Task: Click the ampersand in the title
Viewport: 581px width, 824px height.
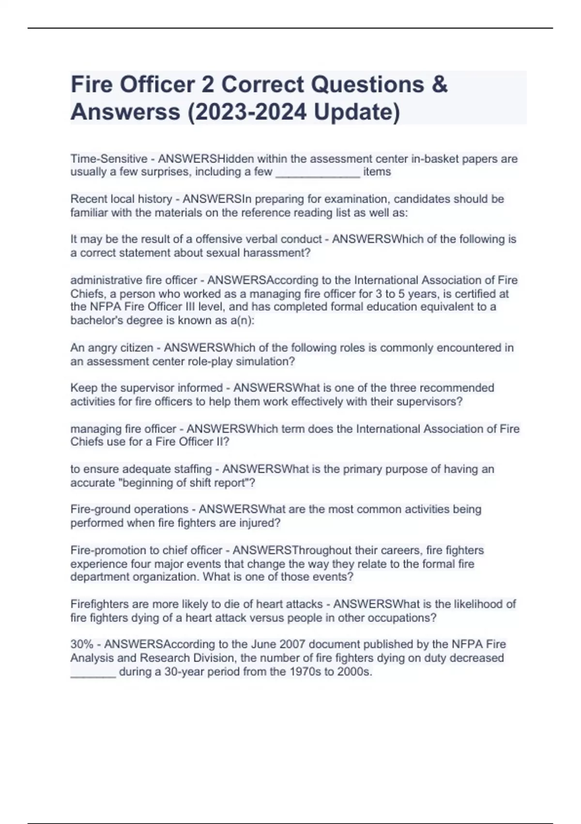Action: [x=438, y=85]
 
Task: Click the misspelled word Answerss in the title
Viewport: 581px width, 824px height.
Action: [x=125, y=112]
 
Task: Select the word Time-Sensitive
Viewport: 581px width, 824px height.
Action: [x=109, y=159]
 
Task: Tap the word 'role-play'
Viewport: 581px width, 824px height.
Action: [x=210, y=362]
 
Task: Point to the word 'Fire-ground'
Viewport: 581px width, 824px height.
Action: [x=99, y=509]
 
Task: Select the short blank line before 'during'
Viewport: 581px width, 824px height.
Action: [x=93, y=674]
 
